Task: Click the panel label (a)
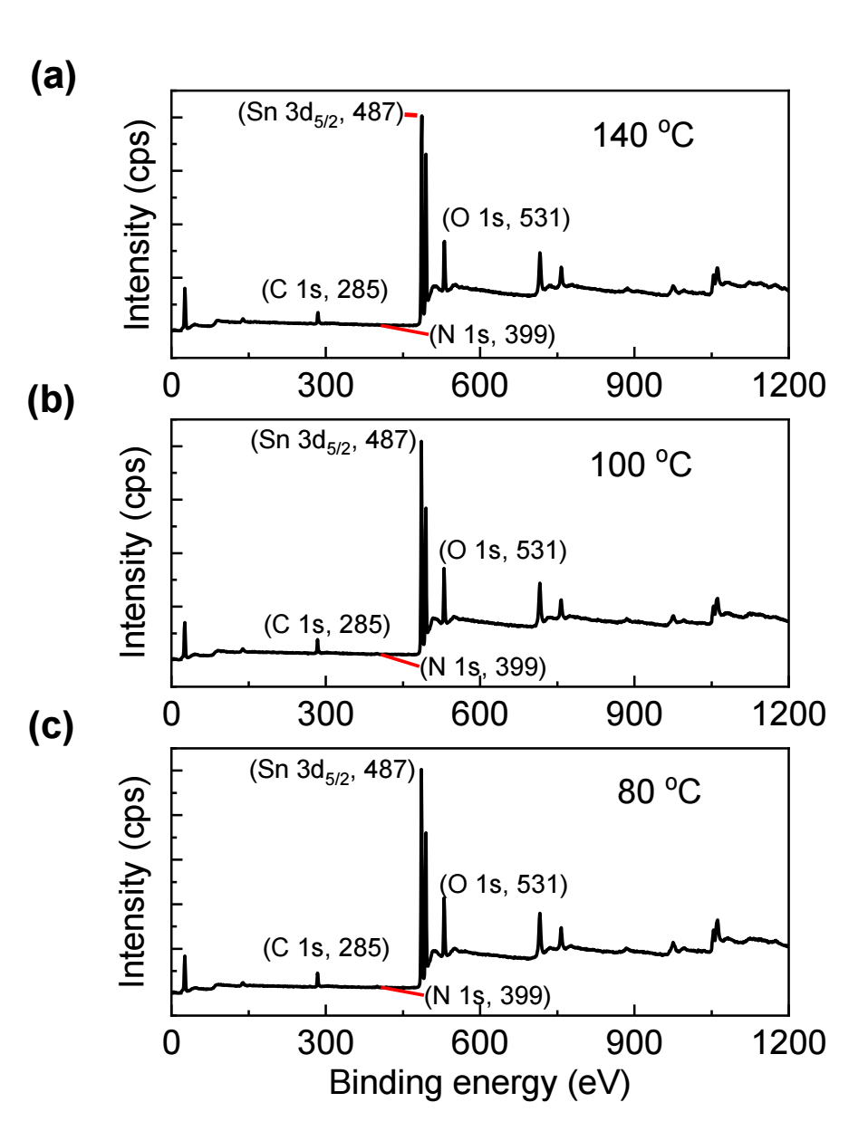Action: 53,77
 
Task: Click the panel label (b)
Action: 52,400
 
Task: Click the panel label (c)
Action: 51,728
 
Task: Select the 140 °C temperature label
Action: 642,135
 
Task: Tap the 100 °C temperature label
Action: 641,465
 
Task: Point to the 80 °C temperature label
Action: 659,791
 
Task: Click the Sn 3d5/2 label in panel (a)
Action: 320,114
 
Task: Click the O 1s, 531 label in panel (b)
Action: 503,551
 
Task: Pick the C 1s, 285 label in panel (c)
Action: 326,948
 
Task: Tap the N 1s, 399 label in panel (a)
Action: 492,334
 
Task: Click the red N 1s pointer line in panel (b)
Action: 400,660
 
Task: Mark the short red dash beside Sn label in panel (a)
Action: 410,115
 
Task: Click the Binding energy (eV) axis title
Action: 478,1083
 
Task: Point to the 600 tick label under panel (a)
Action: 479,386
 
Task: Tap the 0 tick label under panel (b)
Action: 171,714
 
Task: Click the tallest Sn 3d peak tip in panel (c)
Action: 421,771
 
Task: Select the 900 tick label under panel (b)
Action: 633,714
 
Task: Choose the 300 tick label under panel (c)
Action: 325,1043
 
